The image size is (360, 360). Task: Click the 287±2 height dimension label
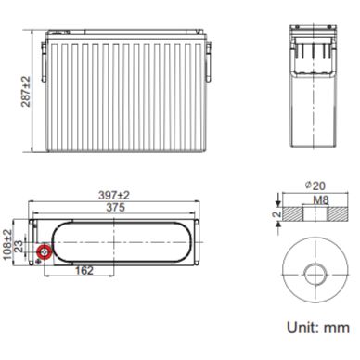point(26,92)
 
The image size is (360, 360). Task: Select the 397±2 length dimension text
point(114,196)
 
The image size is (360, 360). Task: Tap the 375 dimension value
point(115,208)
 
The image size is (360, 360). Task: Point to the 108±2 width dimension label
point(7,245)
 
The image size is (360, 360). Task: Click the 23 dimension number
point(19,247)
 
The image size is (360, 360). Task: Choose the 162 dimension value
point(84,271)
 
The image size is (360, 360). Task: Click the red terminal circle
point(44,252)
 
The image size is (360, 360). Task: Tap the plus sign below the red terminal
point(38,262)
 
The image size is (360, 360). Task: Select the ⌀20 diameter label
point(315,186)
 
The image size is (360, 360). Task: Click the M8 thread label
point(321,200)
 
